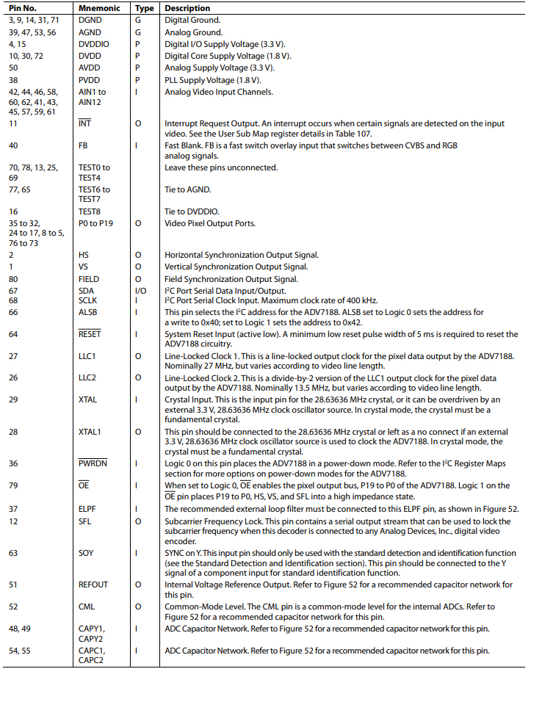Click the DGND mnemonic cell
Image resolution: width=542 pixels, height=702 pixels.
tap(90, 21)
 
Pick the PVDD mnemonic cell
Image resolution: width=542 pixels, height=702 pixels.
tap(90, 80)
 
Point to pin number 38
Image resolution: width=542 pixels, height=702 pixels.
tap(13, 80)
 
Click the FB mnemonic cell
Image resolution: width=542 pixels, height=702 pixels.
tap(84, 145)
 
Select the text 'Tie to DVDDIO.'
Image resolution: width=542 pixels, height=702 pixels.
tap(191, 211)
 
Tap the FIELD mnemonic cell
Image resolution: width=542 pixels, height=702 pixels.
tap(89, 279)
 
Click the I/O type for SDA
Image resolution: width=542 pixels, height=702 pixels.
tap(142, 291)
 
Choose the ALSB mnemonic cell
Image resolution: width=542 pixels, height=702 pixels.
tap(88, 312)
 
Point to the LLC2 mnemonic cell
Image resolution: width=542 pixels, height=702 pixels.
tap(88, 378)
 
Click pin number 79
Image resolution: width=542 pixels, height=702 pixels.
tap(13, 485)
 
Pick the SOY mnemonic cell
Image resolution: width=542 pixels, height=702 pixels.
tap(86, 552)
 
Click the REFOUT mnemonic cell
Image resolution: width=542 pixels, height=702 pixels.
tap(93, 585)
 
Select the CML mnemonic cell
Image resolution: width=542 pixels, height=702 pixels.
tap(87, 607)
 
